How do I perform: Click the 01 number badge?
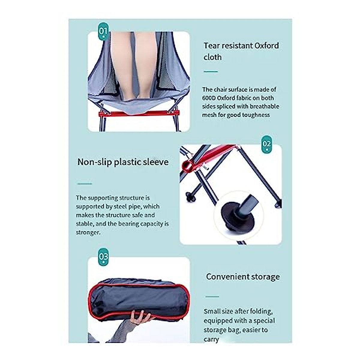pos(103,31)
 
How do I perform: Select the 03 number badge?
pos(103,257)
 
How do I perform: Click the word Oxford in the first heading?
pos(267,46)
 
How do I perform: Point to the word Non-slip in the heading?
pos(94,162)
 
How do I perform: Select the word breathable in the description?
pos(264,106)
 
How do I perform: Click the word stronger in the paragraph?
pos(87,232)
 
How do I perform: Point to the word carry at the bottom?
pos(211,339)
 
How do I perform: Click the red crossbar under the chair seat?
pos(139,113)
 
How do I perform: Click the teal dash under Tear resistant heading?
pos(211,72)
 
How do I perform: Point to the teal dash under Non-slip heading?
pos(84,184)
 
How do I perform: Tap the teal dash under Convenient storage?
pos(212,297)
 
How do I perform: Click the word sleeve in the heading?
pos(156,162)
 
